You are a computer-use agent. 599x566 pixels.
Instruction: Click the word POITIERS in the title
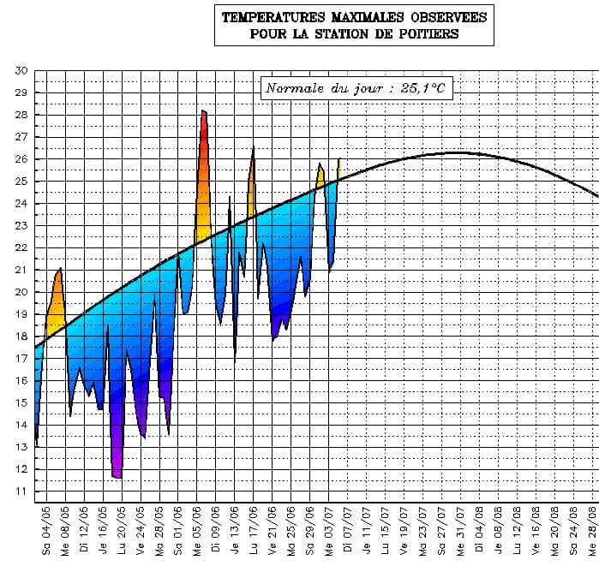click(422, 34)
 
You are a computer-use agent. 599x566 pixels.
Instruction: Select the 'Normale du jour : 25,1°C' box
click(356, 88)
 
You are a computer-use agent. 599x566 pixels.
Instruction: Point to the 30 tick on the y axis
click(21, 70)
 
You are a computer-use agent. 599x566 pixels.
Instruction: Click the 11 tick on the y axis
click(21, 492)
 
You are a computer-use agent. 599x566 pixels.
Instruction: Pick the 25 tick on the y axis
click(21, 182)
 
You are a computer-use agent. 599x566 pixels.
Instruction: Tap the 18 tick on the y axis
click(21, 337)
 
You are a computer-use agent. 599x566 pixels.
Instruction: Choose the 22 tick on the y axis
click(21, 247)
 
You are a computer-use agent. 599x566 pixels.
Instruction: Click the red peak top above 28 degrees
click(203, 111)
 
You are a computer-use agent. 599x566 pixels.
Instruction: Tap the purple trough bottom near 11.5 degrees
click(117, 476)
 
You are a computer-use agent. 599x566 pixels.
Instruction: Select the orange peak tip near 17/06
click(254, 149)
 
